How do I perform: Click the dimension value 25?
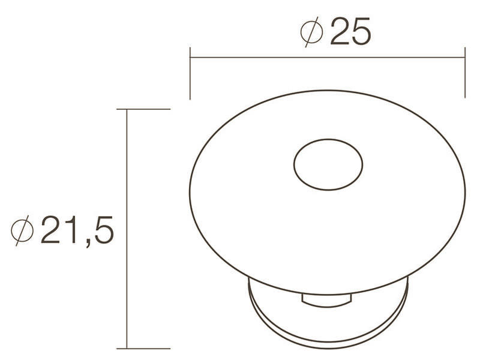point(350,31)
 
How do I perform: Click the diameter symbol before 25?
point(311,32)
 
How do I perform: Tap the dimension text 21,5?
point(77,230)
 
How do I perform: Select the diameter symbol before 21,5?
point(22,230)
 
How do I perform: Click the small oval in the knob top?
point(328,164)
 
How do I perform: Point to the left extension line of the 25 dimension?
point(190,73)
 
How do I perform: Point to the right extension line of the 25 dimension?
point(465,73)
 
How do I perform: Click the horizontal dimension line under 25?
point(328,57)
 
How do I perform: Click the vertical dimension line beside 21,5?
point(127,229)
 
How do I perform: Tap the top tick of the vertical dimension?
point(143,109)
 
